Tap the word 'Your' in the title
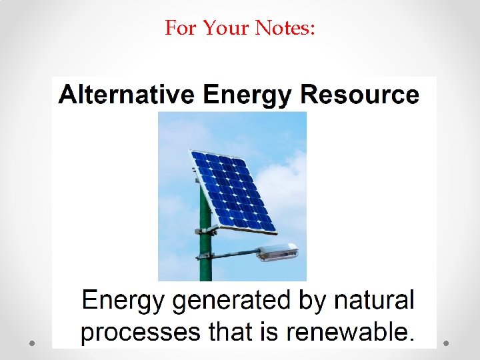pos(227,28)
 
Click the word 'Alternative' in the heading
pos(127,95)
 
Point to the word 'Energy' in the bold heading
pos(247,95)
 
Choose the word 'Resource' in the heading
pos(360,95)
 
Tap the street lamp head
pos(277,251)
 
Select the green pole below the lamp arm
pos(205,270)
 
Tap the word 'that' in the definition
pos(231,331)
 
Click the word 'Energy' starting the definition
pos(122,301)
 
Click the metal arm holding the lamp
pos(237,253)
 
